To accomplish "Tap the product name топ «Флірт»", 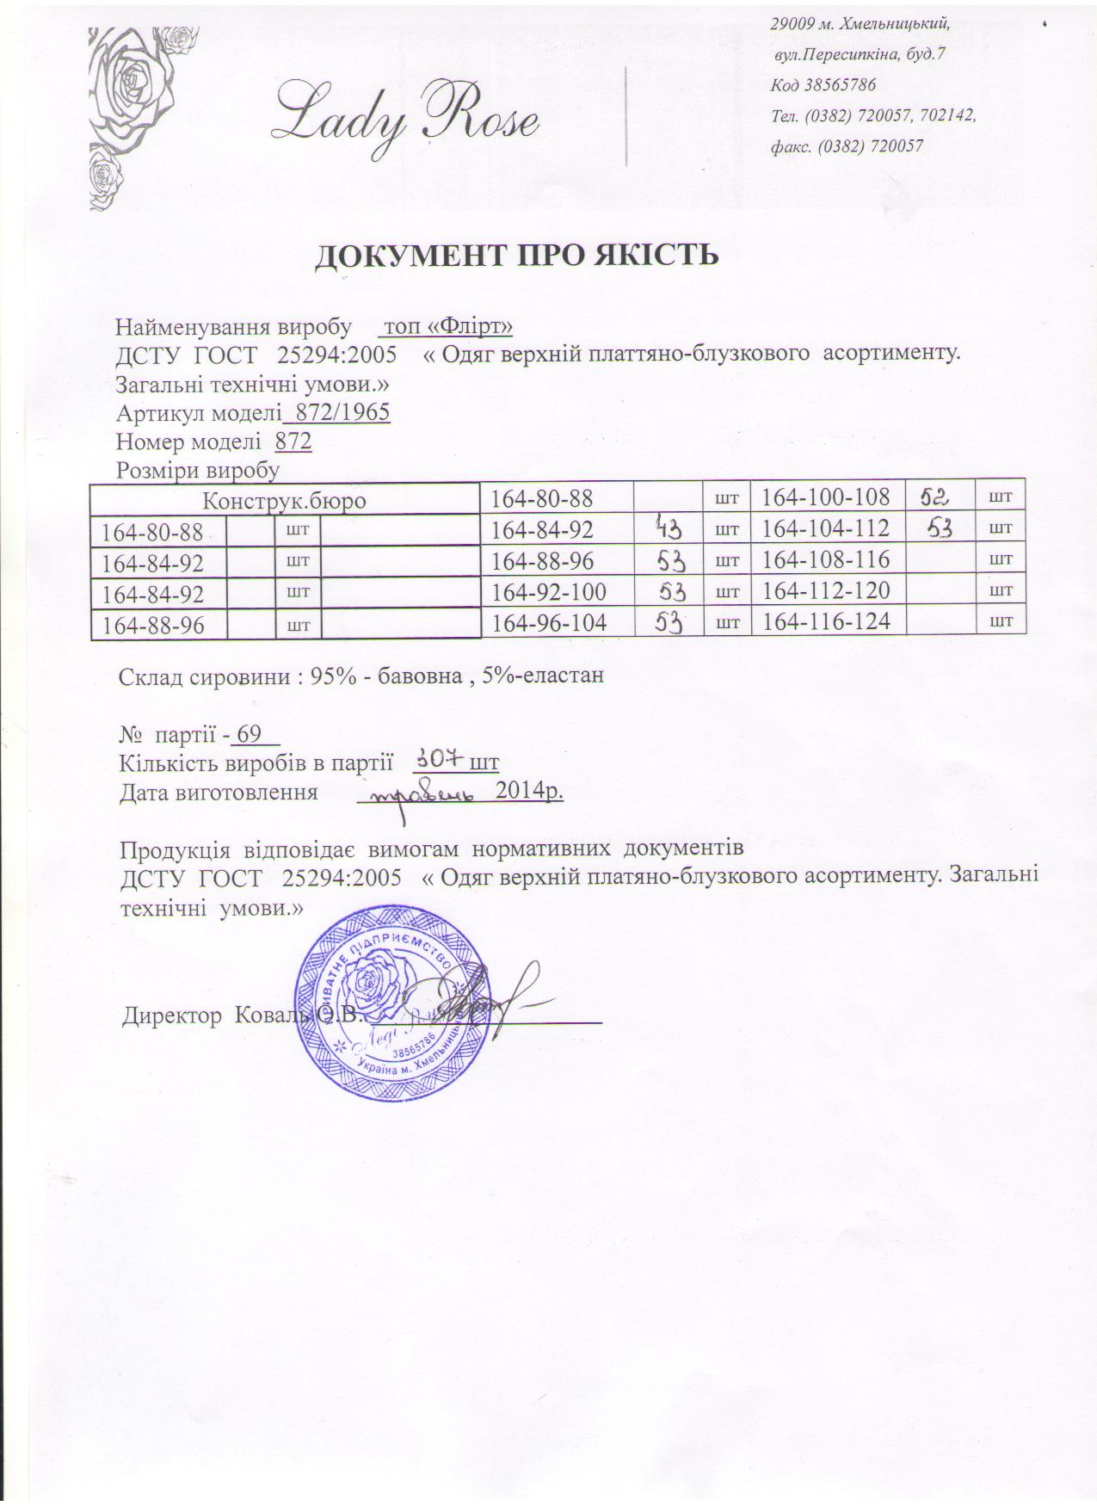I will [447, 327].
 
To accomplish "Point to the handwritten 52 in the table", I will [933, 496].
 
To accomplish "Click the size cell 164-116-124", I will [826, 621].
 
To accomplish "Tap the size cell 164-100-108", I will [826, 497].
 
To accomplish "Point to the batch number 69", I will [249, 735].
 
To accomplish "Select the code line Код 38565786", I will [823, 84].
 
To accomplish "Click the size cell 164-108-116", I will [826, 559].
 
